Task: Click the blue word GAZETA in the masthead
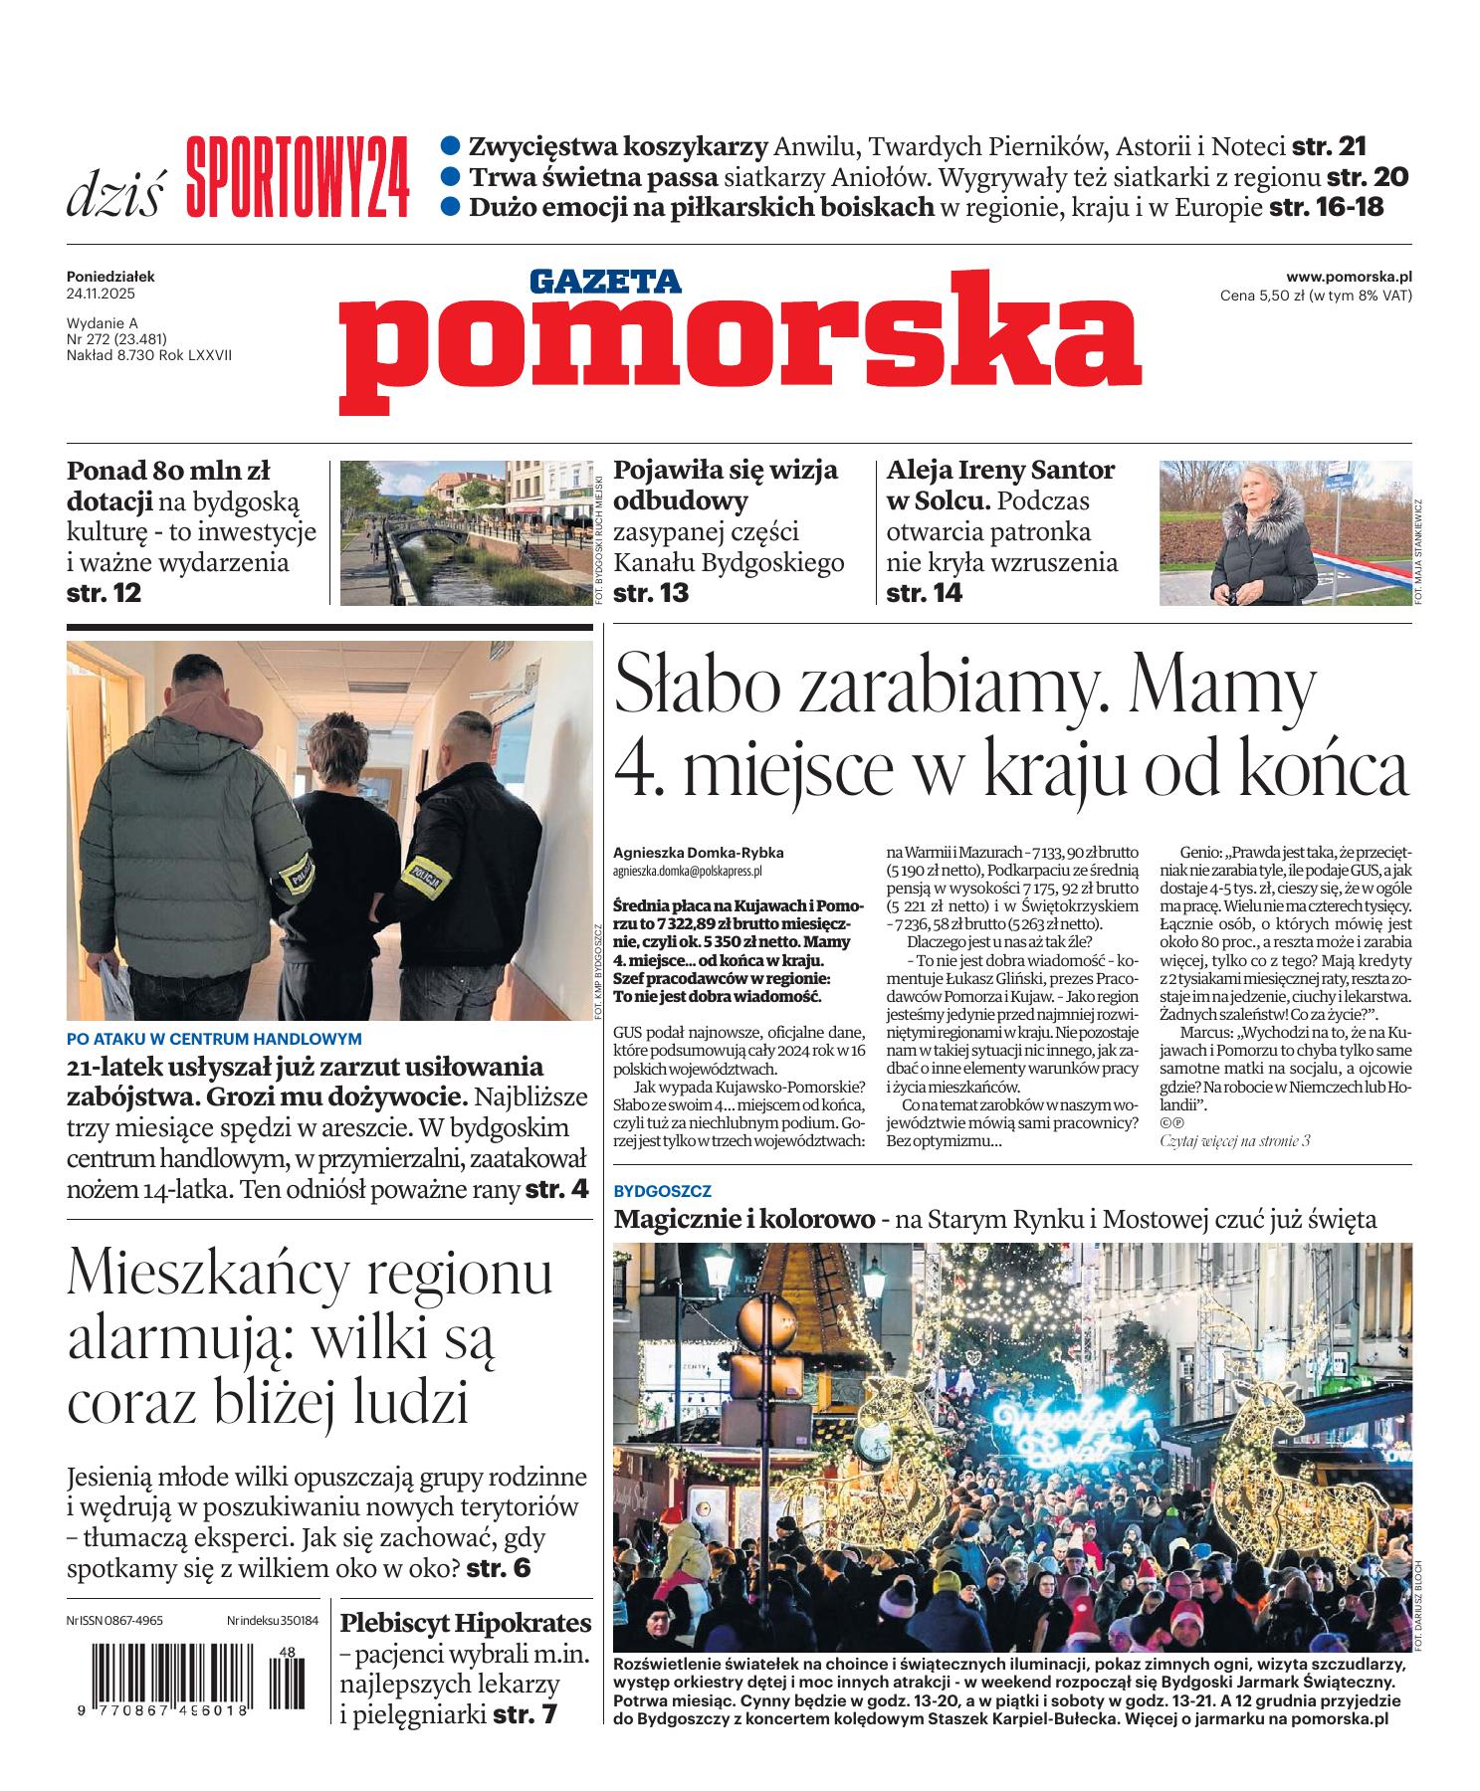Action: [605, 282]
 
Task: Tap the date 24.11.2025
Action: [101, 295]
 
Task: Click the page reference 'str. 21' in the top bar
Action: [1329, 147]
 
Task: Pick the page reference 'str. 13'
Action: [651, 594]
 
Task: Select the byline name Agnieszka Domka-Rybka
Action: [699, 853]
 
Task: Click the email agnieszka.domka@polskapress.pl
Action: [688, 870]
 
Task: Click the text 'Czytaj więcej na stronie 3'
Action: [1235, 1140]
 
